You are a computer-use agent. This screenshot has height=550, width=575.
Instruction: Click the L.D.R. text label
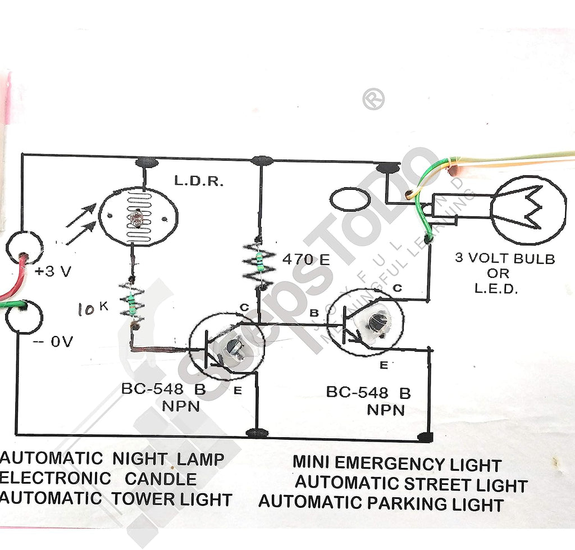click(198, 181)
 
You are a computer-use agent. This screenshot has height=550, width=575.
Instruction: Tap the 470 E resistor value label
click(306, 260)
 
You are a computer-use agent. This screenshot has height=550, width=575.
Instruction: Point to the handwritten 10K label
click(93, 308)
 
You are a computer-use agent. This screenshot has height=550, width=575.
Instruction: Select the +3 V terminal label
click(53, 271)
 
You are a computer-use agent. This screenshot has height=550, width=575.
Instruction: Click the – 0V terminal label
click(53, 342)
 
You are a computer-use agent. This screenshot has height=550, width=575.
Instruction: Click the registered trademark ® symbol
click(373, 99)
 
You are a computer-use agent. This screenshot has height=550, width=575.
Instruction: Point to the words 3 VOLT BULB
click(505, 258)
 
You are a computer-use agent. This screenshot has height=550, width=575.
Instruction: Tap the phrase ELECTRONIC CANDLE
click(98, 479)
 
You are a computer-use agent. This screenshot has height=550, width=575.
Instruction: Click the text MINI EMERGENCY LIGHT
click(397, 463)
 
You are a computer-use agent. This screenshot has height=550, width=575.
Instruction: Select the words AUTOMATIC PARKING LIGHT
click(381, 503)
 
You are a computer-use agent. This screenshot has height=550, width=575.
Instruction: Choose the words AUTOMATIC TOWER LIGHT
click(116, 499)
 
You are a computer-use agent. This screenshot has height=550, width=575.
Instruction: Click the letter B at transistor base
click(314, 313)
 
